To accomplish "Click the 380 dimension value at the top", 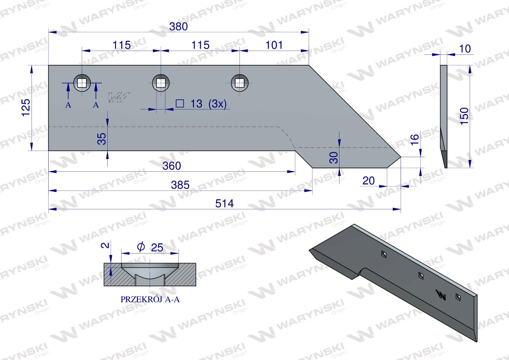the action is click(x=179, y=27).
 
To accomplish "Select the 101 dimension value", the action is click(x=274, y=45).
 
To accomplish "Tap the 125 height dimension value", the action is click(x=26, y=108).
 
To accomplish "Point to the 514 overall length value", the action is click(x=225, y=203).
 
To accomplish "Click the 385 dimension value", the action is click(x=180, y=185).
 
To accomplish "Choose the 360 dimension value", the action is click(x=171, y=166).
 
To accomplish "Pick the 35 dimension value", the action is click(x=102, y=139).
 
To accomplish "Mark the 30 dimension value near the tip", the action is click(x=333, y=157).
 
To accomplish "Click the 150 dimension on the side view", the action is click(x=464, y=116).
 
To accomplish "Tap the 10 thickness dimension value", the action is click(x=465, y=49).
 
